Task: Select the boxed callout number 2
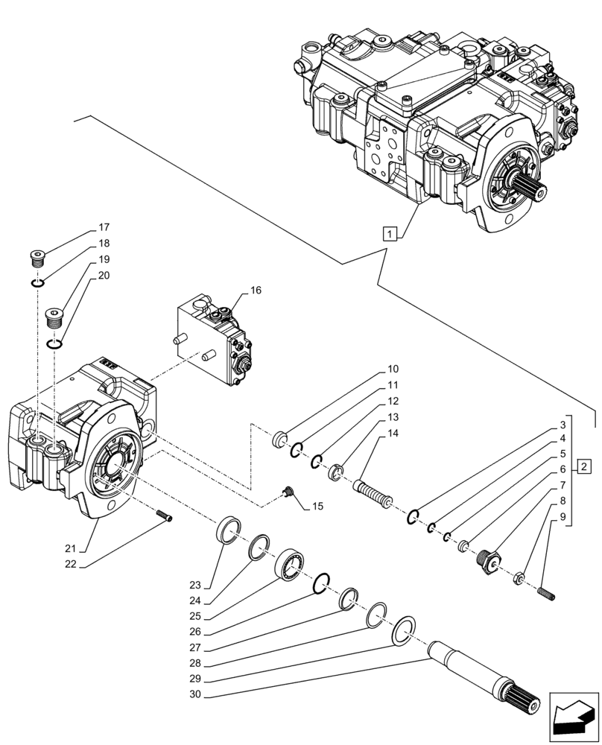pos(585,468)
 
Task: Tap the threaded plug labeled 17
pos(37,258)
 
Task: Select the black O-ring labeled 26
pos(321,585)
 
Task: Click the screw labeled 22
pos(165,518)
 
